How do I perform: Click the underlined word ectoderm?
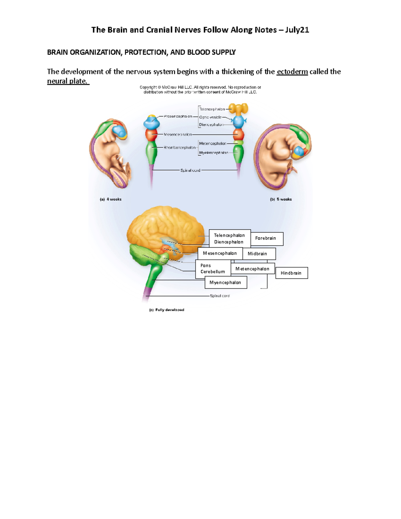click(292, 72)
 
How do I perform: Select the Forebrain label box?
click(266, 238)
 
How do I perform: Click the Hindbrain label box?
click(291, 273)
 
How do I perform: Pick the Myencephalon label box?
click(226, 282)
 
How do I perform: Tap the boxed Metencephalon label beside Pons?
click(252, 269)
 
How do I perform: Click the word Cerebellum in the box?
click(213, 272)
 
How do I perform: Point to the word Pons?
click(206, 265)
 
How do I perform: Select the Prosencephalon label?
click(178, 116)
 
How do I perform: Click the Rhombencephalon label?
click(179, 147)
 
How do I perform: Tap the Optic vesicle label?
click(210, 117)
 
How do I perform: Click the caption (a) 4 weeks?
click(111, 199)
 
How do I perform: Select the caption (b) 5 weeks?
click(281, 199)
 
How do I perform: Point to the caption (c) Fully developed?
click(166, 310)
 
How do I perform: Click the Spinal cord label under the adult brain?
click(220, 296)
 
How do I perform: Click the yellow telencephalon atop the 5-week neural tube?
click(238, 108)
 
